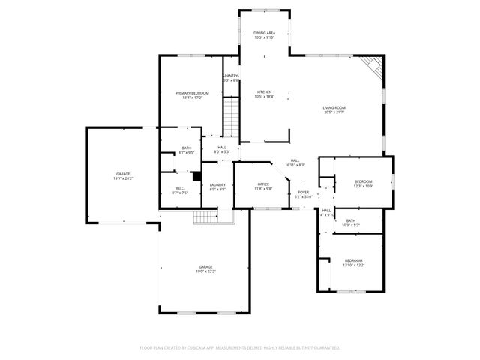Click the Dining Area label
(264, 33)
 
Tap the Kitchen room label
(264, 92)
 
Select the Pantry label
(232, 76)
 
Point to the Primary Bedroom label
(192, 93)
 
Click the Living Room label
(334, 108)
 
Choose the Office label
(263, 184)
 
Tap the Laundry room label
(217, 184)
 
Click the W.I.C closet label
(180, 189)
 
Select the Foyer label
(303, 193)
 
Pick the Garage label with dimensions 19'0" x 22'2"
(205, 267)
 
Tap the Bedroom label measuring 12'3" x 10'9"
(363, 182)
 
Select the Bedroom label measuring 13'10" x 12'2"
(353, 259)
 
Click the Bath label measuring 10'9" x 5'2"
(351, 220)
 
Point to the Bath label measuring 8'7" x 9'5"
(187, 148)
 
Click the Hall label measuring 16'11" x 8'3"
(295, 161)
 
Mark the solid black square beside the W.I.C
(196, 177)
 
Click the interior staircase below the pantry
(232, 117)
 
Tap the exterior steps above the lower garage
(204, 217)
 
